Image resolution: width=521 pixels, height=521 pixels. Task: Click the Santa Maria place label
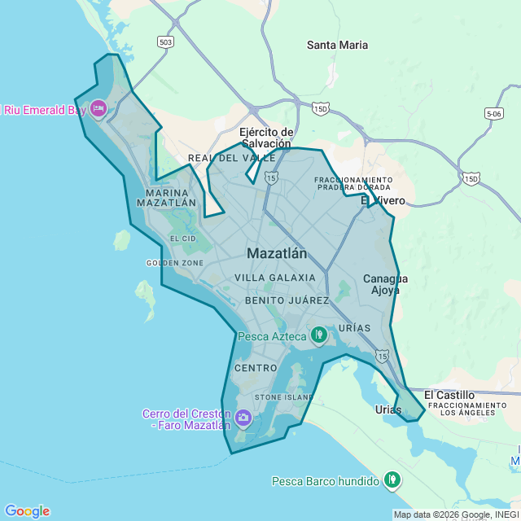(x=337, y=46)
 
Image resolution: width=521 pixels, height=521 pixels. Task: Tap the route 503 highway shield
(x=166, y=42)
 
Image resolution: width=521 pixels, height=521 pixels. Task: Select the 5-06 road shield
(x=493, y=114)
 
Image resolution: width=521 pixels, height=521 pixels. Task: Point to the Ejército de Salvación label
(x=265, y=138)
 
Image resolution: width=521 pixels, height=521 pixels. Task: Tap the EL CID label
(x=183, y=239)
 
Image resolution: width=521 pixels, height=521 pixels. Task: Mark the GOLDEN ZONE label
(x=174, y=263)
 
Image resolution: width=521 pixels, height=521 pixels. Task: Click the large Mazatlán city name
(x=277, y=253)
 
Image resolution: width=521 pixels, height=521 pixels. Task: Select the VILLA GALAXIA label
(x=274, y=278)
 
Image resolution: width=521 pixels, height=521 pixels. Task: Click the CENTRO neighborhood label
(x=256, y=368)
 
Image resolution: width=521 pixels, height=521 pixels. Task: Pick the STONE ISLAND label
(x=284, y=397)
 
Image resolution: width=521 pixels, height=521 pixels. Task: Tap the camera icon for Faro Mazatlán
(x=243, y=418)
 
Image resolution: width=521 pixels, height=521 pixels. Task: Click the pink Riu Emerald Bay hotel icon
(x=99, y=109)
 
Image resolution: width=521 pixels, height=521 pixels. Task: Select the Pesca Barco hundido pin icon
(x=393, y=480)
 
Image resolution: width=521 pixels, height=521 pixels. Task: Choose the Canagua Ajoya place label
(x=386, y=284)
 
